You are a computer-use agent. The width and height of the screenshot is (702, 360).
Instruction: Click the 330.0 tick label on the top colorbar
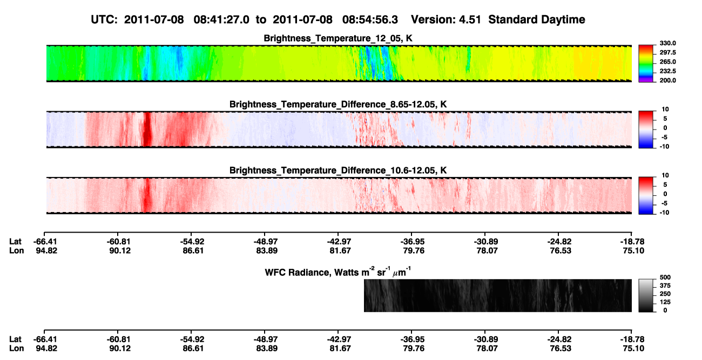tap(667, 43)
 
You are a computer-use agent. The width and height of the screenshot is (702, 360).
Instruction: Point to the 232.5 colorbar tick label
tap(667, 71)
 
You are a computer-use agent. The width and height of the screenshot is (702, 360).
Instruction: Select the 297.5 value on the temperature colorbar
tap(667, 53)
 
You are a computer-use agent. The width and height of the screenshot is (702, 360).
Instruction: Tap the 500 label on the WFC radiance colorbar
tap(665, 277)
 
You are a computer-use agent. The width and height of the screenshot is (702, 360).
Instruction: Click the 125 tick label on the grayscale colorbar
tap(665, 302)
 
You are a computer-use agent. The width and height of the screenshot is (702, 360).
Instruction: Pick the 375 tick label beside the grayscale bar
tap(665, 286)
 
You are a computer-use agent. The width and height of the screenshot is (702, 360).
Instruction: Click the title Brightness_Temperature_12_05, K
tap(338, 38)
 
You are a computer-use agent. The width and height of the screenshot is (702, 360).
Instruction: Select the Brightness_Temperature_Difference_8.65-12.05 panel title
tap(338, 104)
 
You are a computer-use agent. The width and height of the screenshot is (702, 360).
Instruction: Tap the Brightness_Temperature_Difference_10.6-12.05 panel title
tap(338, 171)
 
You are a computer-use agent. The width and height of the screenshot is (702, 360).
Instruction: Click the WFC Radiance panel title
tap(338, 271)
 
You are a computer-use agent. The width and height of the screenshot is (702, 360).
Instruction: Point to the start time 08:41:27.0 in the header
tap(221, 20)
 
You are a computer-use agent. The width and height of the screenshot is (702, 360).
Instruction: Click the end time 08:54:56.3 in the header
tap(370, 20)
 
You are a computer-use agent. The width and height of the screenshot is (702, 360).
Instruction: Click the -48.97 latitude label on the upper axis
tap(265, 242)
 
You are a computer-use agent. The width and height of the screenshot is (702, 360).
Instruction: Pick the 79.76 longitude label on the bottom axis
tap(414, 349)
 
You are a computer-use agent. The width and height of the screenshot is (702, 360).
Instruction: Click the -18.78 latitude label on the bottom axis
tap(631, 339)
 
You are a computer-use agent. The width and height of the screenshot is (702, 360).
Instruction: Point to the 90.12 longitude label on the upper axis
tap(120, 250)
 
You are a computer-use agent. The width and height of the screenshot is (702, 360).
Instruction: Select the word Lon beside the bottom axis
tap(16, 349)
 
